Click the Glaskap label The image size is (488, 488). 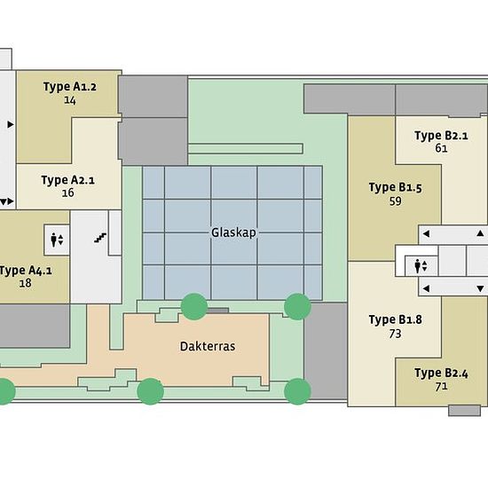click(x=233, y=232)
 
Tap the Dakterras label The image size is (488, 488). click(x=208, y=346)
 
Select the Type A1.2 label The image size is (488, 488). click(x=70, y=87)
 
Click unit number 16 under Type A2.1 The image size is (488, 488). click(x=67, y=193)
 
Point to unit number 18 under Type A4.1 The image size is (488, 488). click(x=25, y=283)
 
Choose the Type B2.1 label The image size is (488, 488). click(x=441, y=136)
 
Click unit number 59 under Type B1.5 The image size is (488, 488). click(x=395, y=201)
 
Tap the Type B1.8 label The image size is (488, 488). click(x=395, y=319)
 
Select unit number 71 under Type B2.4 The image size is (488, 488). click(x=441, y=387)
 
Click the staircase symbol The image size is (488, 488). click(x=100, y=238)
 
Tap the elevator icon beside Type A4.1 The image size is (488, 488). click(x=57, y=240)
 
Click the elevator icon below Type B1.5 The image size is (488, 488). click(x=421, y=266)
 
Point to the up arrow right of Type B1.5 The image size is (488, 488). click(x=480, y=233)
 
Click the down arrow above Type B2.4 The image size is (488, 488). click(x=480, y=289)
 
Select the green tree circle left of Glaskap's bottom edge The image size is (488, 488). click(x=194, y=307)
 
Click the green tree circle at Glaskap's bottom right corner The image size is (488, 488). click(x=297, y=307)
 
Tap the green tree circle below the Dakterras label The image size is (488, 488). click(x=150, y=391)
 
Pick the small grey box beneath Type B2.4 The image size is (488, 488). click(x=464, y=410)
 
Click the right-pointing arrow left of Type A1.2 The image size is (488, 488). click(x=11, y=124)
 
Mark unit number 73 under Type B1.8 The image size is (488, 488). click(x=395, y=334)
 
